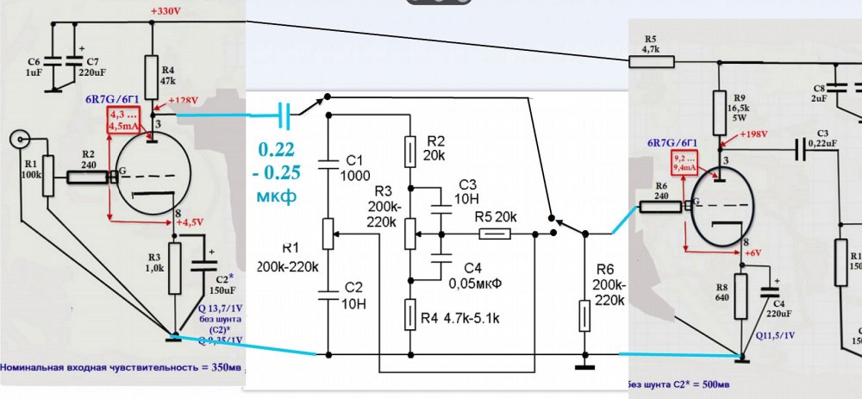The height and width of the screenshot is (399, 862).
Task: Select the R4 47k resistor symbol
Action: [153, 72]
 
